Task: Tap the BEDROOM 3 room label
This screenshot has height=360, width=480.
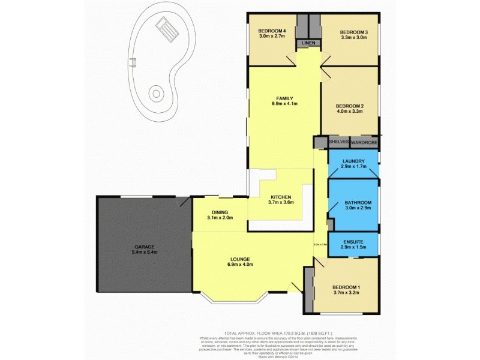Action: point(353,32)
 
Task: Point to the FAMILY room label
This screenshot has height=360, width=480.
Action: point(284,98)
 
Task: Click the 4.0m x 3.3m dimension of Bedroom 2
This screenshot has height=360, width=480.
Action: point(350,111)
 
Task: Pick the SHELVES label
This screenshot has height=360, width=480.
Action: point(339,142)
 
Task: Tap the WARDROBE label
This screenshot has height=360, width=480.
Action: point(364,142)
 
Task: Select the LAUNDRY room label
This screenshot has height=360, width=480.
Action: point(353,161)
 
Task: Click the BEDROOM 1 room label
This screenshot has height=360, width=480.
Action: point(348,287)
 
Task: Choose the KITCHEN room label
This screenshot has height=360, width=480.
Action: point(281,197)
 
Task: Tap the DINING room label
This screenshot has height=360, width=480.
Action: point(220,212)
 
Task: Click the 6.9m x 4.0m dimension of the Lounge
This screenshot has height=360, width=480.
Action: point(241,265)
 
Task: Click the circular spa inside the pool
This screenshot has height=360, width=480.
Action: point(156,94)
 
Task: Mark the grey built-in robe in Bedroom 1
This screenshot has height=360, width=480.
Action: point(309,289)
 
